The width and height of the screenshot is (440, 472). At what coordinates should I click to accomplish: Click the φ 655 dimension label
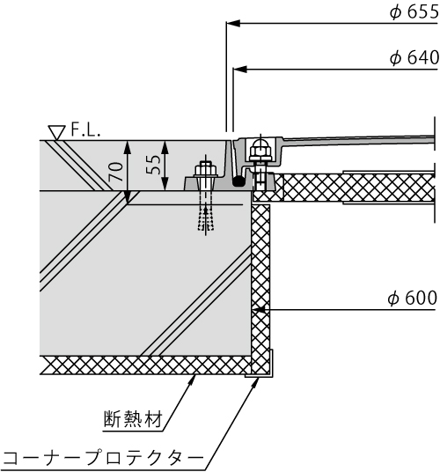click(x=414, y=12)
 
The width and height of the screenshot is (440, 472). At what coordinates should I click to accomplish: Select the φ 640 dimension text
click(x=414, y=58)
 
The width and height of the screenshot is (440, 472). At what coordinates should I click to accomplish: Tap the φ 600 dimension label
click(x=413, y=299)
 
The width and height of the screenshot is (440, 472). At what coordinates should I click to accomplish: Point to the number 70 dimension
click(x=116, y=172)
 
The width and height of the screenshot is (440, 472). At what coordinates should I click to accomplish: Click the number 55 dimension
click(x=153, y=165)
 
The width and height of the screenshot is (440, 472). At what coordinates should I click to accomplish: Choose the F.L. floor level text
click(x=85, y=130)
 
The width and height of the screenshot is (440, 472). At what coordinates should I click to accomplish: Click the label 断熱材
click(x=133, y=418)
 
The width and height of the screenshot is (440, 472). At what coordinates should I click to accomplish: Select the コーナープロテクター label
click(x=103, y=458)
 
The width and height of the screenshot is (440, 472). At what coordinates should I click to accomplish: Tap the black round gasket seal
click(x=238, y=181)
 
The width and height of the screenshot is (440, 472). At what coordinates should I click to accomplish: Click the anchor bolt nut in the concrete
click(x=206, y=170)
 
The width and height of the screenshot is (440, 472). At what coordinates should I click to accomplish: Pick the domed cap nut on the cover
click(x=260, y=149)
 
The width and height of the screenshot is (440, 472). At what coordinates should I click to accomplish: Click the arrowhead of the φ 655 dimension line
click(x=233, y=23)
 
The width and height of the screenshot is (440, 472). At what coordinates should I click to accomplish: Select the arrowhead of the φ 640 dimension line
click(x=240, y=70)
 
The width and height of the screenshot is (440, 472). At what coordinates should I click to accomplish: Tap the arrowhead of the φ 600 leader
click(x=259, y=309)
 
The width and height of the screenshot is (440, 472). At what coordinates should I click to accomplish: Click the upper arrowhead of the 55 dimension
click(x=165, y=147)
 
